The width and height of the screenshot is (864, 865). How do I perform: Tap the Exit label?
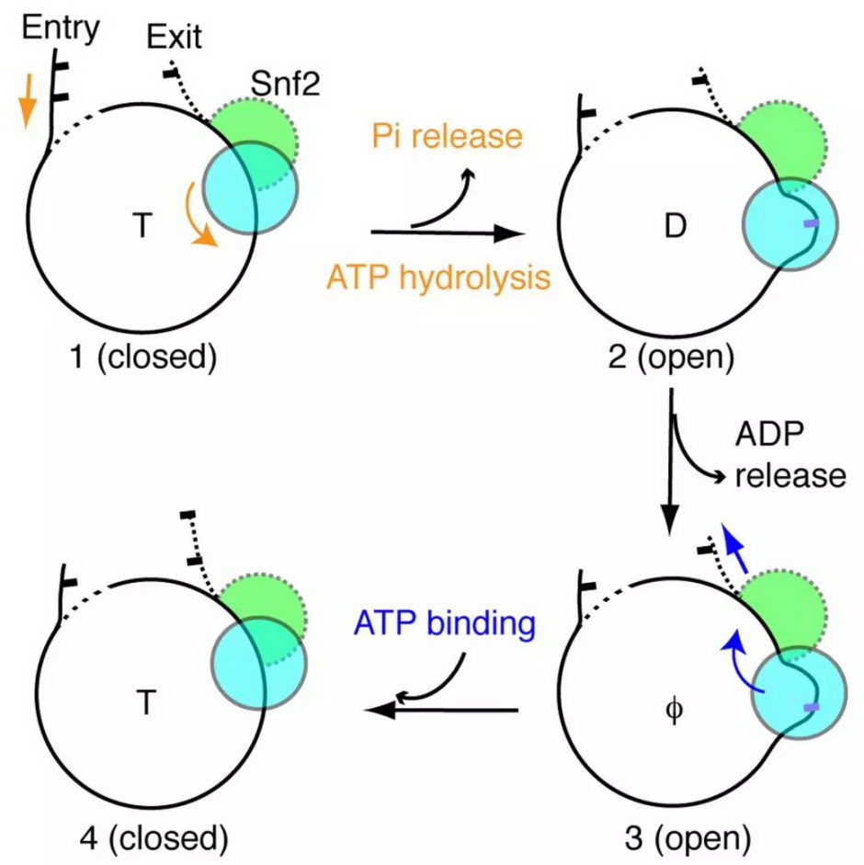(175, 40)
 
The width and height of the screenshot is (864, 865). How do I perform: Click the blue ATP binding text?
(445, 625)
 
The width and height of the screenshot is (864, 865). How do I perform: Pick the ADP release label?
(789, 455)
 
